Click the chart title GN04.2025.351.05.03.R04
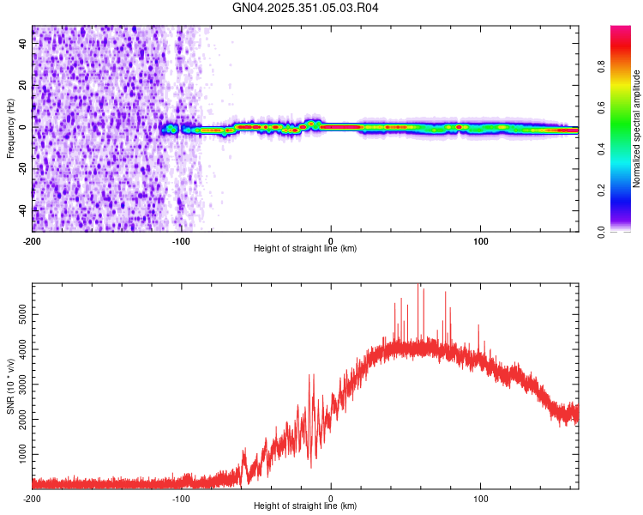pos(305,8)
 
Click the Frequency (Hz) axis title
pos(10,129)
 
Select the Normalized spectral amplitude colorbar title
pos(637,129)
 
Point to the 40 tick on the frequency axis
pos(24,45)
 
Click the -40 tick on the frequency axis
pos(22,209)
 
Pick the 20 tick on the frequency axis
pos(24,86)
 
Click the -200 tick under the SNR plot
pos(32,498)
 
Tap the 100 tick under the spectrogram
pos(481,240)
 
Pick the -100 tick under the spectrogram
pos(180,240)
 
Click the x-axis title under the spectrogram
pos(305,249)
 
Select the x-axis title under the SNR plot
pos(305,506)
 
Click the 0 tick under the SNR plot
pos(332,498)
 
